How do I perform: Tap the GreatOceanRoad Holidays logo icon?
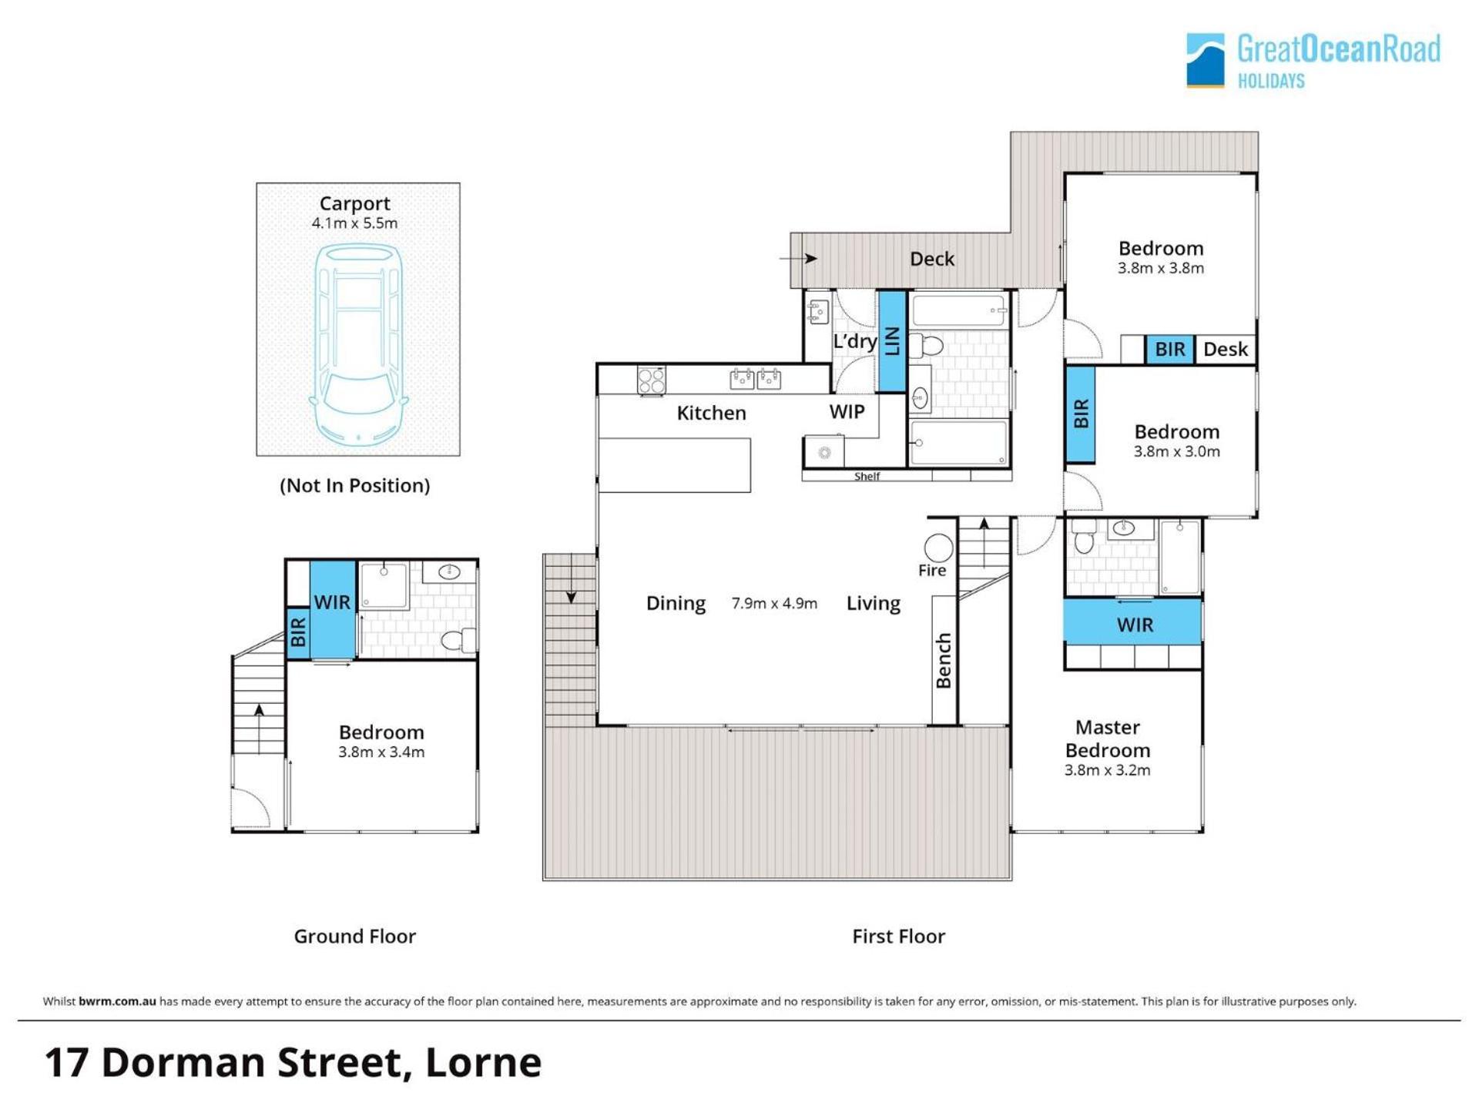pos(1205,60)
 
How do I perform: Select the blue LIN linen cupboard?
pos(892,341)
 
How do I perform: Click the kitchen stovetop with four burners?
pos(651,380)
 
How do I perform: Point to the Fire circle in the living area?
pos(938,549)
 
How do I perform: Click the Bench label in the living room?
pos(944,661)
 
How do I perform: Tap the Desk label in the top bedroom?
pos(1225,350)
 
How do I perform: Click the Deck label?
pos(932,259)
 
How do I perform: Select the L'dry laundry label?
pos(855,341)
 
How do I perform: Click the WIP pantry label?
pos(847,412)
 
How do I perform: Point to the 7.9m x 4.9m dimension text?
pos(774,603)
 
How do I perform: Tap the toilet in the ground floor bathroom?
pos(458,640)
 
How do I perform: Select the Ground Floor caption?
pos(355,936)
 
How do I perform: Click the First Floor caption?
pos(898,936)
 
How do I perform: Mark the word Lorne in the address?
pos(483,1063)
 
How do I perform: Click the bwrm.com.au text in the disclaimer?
pos(117,1001)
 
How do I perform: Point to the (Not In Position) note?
pos(355,485)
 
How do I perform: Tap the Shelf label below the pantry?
pos(867,477)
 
